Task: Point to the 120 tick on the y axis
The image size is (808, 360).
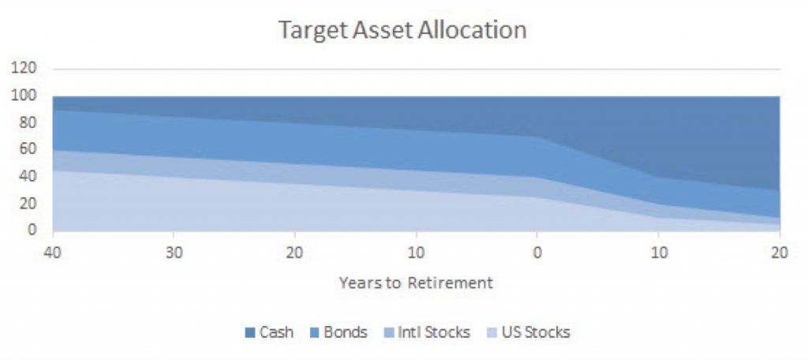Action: point(24,69)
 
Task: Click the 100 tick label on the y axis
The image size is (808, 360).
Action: point(24,96)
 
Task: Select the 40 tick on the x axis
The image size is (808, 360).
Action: point(53,254)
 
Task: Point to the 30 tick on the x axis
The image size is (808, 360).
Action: point(174,254)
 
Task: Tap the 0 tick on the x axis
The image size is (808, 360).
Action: point(537,254)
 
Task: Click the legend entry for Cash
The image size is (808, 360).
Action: point(270,332)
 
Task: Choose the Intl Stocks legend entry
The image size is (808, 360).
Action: point(427,332)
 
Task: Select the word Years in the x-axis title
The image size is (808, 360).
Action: point(358,283)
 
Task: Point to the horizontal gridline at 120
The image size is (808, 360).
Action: point(417,69)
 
